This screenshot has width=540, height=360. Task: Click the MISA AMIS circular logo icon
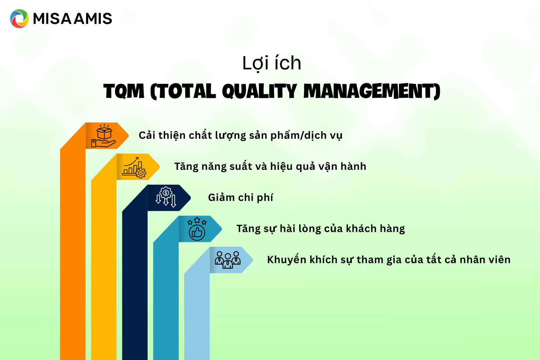[x=19, y=19]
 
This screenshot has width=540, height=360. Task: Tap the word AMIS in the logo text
[x=93, y=19]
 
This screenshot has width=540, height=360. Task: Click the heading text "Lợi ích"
[x=271, y=63]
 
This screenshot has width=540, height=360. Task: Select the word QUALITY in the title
[x=259, y=91]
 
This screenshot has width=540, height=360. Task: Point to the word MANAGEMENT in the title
[x=371, y=91]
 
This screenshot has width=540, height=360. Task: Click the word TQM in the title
[x=124, y=91]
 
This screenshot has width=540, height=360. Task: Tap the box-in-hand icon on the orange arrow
[x=104, y=136]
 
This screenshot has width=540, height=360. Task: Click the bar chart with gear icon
[x=134, y=167]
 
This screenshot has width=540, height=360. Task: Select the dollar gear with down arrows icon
[x=166, y=197]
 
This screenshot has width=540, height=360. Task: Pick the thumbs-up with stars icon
[x=197, y=229]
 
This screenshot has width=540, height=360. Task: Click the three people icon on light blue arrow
[x=228, y=260]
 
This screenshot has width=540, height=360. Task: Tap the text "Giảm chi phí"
[x=241, y=198]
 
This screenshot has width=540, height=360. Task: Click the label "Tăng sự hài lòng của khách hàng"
[x=320, y=229]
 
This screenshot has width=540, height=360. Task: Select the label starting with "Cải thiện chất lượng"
[x=241, y=135]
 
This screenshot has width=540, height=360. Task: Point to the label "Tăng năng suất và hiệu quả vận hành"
[x=270, y=167]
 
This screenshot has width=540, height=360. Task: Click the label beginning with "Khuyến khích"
[x=388, y=260]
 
